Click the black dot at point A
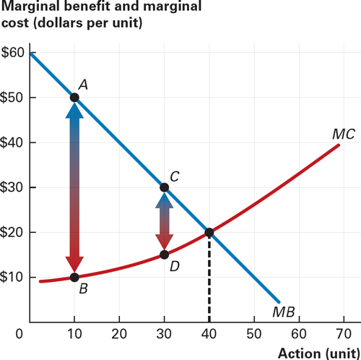pyautogui.click(x=74, y=97)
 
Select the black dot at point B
pyautogui.click(x=74, y=277)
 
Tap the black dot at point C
pyautogui.click(x=165, y=187)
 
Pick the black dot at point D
pyautogui.click(x=165, y=254)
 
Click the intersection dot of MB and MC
pyautogui.click(x=209, y=232)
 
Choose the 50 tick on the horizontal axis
pyautogui.click(x=253, y=334)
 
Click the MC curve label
pyautogui.click(x=343, y=134)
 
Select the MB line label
pyautogui.click(x=284, y=312)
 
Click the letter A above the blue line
pyautogui.click(x=83, y=84)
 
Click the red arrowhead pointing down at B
pyautogui.click(x=74, y=265)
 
